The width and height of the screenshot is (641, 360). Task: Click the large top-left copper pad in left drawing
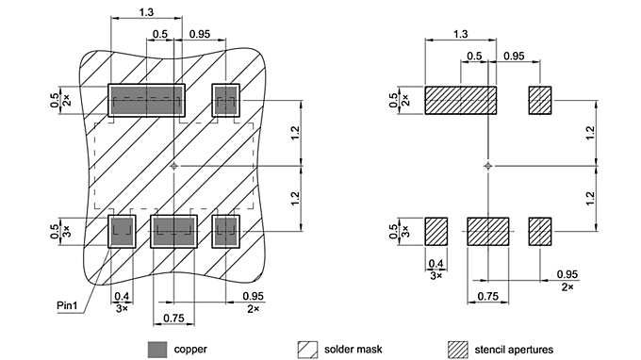tap(145, 100)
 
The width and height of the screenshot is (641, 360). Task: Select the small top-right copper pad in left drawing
tap(226, 100)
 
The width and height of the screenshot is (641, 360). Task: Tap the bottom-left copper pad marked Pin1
tap(122, 231)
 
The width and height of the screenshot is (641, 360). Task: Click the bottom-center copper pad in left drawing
tap(173, 231)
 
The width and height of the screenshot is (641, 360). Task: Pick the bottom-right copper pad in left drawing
tap(226, 231)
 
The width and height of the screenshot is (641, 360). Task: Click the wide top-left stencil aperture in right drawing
tap(460, 100)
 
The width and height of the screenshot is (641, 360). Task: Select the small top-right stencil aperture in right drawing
tap(539, 100)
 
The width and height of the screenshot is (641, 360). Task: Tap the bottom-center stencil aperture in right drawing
tap(487, 231)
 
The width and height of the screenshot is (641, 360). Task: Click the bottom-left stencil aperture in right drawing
tap(436, 231)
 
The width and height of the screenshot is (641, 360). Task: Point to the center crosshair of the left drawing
tap(173, 166)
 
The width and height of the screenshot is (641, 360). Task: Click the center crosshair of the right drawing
tap(487, 166)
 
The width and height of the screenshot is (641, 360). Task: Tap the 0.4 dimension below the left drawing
tap(122, 296)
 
